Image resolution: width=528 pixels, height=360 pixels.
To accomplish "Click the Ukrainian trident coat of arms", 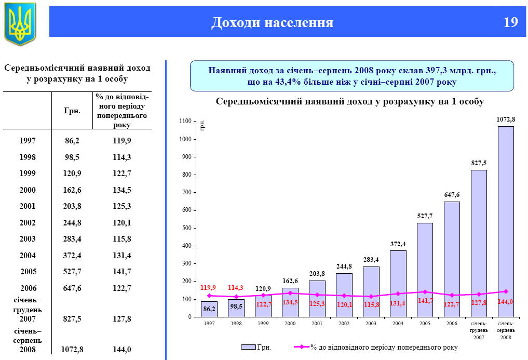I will click(20, 23).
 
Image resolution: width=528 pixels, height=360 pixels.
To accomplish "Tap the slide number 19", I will click(510, 22).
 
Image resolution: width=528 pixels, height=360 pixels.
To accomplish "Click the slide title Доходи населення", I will click(273, 22).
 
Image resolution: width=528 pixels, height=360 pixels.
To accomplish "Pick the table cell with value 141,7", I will click(121, 271).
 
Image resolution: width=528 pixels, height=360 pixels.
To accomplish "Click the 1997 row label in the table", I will click(28, 140).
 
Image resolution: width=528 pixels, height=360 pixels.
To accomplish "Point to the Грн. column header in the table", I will click(72, 111).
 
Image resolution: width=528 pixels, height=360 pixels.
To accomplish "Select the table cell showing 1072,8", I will click(72, 350).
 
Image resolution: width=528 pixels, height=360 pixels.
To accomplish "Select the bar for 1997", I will click(209, 309).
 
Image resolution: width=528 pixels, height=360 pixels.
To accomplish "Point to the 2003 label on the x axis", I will click(371, 323).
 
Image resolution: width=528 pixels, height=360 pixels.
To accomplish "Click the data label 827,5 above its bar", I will click(479, 163).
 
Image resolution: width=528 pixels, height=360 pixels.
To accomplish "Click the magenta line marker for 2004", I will click(398, 294).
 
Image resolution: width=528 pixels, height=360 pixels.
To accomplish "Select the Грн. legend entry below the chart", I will click(256, 346).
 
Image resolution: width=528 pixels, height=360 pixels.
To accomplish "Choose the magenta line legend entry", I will click(375, 346).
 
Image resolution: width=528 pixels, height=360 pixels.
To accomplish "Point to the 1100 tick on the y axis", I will click(185, 122).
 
